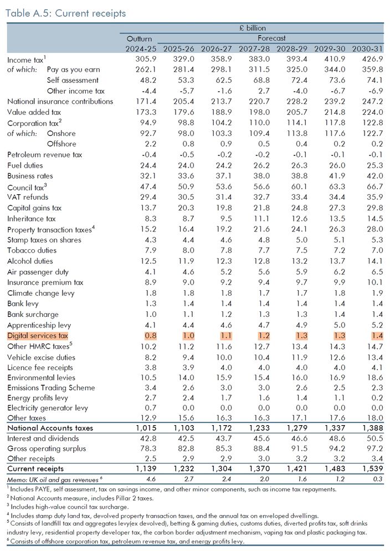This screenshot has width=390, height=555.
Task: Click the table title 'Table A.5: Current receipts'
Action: [x=66, y=13]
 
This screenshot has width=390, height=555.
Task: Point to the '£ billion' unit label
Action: [x=252, y=28]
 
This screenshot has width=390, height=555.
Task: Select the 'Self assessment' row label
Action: [x=73, y=80]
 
